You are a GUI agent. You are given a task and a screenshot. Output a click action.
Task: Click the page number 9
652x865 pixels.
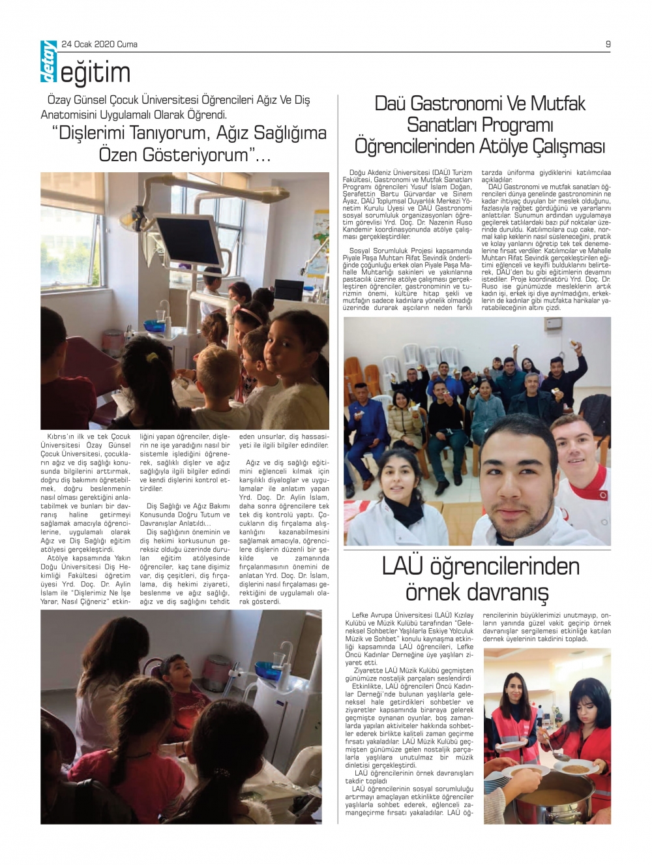point(608,44)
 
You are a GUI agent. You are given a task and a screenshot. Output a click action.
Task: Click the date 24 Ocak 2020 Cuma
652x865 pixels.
point(99,44)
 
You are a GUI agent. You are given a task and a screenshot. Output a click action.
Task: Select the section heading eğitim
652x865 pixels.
point(95,73)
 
